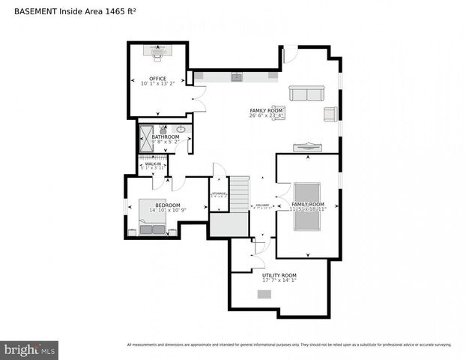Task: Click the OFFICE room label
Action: point(157,79)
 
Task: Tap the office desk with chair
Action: point(157,51)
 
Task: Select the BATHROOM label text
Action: point(166,136)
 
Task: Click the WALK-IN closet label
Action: point(152,163)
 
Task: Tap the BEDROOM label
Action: point(168,205)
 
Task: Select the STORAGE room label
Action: point(219,193)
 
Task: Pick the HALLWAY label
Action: point(262,205)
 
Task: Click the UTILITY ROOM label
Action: point(279,275)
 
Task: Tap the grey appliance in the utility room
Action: point(264,294)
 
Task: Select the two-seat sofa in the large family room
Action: point(306,93)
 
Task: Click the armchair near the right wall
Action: point(330,113)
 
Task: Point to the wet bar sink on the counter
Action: point(236,76)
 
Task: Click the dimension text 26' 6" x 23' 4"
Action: point(267,116)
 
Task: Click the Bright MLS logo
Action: point(30,349)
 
